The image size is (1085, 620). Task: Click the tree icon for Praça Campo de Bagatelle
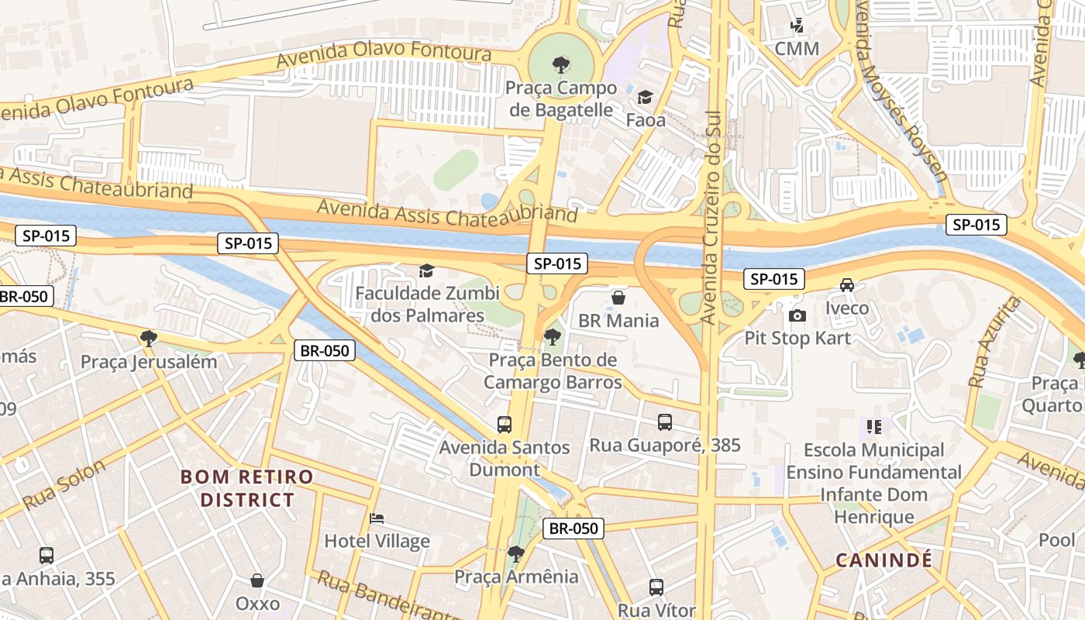point(560,64)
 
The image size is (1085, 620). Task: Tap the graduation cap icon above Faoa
point(645,97)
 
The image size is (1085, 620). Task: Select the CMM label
point(797,49)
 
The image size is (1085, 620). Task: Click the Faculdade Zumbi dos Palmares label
point(427,305)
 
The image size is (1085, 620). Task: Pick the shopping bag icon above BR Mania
point(618,298)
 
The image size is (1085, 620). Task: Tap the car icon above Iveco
point(847,285)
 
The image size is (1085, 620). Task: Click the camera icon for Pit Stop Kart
point(797,315)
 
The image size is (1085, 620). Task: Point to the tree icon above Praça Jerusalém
point(149,338)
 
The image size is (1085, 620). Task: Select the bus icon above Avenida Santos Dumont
point(505,424)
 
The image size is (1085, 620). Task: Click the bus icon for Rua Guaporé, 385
point(665,422)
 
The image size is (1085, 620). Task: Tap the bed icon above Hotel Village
point(377,518)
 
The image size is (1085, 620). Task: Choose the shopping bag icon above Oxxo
point(257,580)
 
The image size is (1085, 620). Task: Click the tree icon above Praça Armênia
point(515,553)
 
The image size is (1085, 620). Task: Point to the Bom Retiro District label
point(247,487)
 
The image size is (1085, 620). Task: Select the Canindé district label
point(883,560)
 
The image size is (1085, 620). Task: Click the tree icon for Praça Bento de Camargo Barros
point(552,336)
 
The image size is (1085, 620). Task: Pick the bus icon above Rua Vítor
point(656,587)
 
